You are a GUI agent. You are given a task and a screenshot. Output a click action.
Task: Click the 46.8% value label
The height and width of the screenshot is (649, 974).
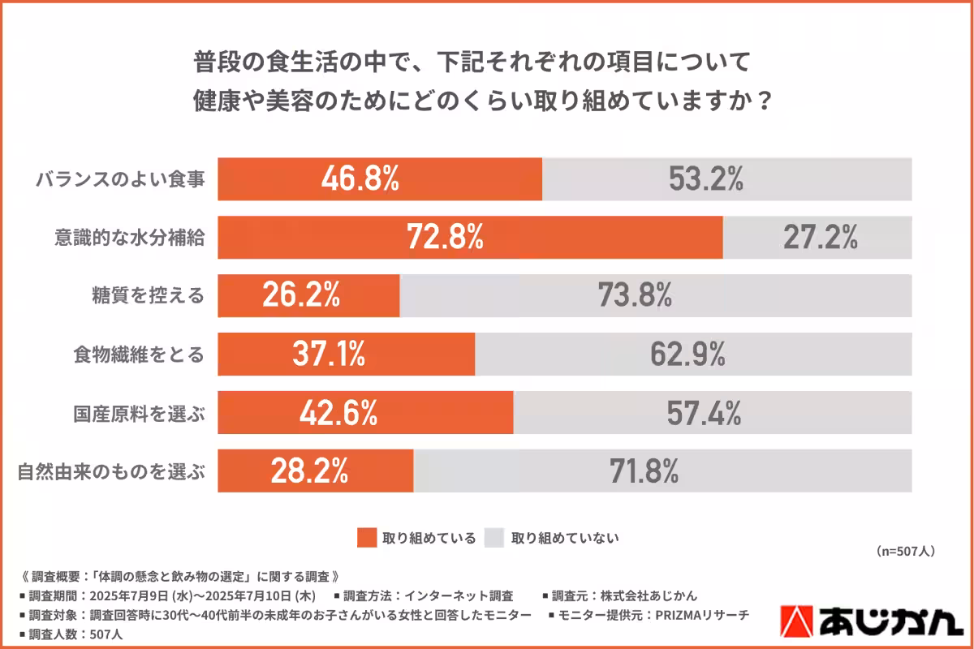pyautogui.click(x=360, y=178)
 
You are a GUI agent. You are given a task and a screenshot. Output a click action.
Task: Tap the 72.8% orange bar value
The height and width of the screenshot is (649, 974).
pyautogui.click(x=446, y=237)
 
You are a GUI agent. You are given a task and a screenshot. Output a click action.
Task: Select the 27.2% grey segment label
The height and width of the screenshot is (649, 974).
pyautogui.click(x=821, y=237)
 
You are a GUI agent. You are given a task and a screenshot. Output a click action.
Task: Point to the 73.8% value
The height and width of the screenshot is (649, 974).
pyautogui.click(x=636, y=295)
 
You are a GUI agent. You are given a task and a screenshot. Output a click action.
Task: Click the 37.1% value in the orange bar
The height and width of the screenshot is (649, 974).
pyautogui.click(x=326, y=354)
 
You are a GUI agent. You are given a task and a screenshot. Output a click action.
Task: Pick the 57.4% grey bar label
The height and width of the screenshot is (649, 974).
pyautogui.click(x=704, y=413)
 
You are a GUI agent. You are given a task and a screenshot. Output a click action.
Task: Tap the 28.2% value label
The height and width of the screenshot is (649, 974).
pyautogui.click(x=309, y=471)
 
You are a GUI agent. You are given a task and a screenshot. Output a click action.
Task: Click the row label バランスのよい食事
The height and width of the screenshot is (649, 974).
pyautogui.click(x=119, y=179)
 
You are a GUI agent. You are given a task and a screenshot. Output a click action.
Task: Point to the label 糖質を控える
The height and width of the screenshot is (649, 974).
pyautogui.click(x=148, y=296)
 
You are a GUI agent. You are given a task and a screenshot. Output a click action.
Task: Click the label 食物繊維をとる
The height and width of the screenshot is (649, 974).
pyautogui.click(x=138, y=355)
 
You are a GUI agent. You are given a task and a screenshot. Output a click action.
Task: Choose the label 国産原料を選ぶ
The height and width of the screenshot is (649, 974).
pyautogui.click(x=138, y=413)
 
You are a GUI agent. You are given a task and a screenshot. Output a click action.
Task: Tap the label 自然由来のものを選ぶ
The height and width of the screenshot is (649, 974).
pyautogui.click(x=111, y=471)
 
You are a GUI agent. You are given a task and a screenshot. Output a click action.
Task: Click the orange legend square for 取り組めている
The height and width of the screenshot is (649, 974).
pyautogui.click(x=368, y=538)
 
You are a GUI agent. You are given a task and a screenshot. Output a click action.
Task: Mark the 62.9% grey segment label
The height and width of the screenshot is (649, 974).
pyautogui.click(x=687, y=354)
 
